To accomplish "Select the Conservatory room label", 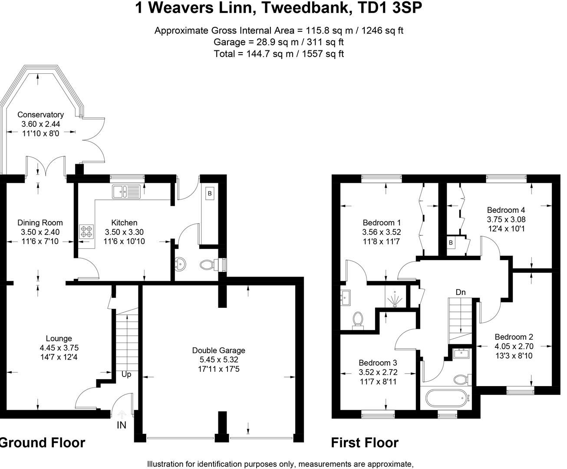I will (40, 115).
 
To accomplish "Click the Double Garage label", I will (218, 350).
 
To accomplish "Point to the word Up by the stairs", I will (126, 374).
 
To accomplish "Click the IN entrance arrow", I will (122, 416).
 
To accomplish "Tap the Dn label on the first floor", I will (461, 292).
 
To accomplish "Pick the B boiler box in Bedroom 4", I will (451, 243).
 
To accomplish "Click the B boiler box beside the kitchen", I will (210, 194).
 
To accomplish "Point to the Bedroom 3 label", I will (378, 363).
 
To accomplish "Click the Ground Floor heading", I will (42, 443).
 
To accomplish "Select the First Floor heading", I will (365, 443).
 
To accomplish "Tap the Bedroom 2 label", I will (514, 337).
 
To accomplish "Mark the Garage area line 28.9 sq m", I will (279, 42).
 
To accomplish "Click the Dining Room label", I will (40, 223).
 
